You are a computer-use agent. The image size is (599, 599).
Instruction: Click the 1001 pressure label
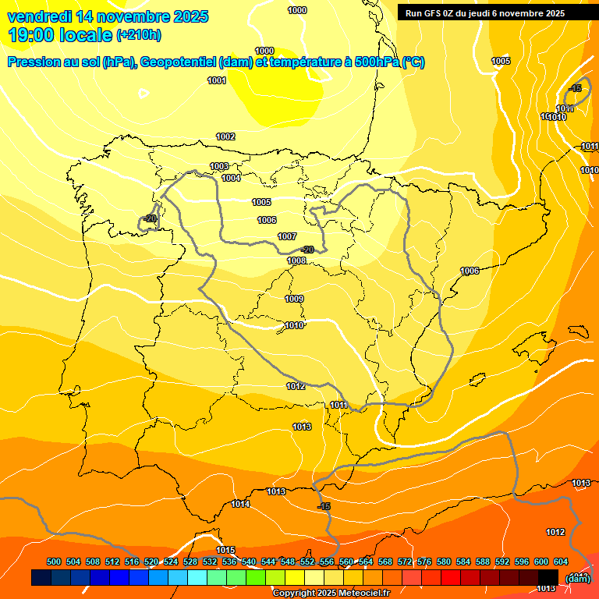[217, 80]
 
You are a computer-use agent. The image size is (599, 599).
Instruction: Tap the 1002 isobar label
[225, 136]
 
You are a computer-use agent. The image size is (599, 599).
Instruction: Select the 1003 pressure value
[219, 166]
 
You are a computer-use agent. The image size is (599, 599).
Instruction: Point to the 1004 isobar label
[231, 178]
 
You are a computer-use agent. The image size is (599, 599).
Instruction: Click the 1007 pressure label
[287, 236]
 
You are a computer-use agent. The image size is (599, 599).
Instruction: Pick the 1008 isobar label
[296, 261]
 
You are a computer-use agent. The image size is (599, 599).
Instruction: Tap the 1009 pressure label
[294, 299]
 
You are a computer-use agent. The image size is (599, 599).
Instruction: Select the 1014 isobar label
[240, 504]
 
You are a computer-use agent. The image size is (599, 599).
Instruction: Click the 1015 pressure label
[225, 550]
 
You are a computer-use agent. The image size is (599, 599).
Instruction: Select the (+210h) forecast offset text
[138, 35]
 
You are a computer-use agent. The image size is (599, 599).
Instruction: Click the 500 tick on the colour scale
[54, 562]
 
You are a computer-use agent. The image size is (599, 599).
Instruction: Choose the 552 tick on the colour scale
[307, 562]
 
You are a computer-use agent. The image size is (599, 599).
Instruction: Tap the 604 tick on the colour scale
[561, 562]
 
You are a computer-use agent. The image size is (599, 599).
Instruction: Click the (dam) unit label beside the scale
[578, 578]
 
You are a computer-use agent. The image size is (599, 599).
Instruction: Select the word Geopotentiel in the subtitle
[176, 62]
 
